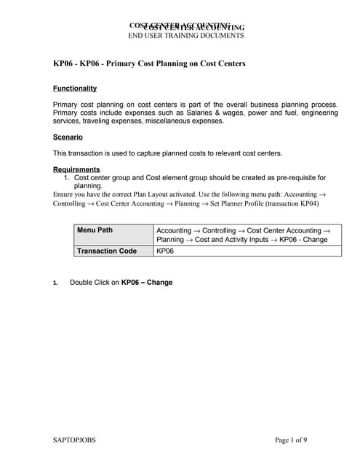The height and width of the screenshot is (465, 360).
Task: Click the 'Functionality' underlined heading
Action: coord(75,89)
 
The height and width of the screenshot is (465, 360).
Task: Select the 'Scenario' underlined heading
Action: coord(68,137)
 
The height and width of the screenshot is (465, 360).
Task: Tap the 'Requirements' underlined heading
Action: coord(76,169)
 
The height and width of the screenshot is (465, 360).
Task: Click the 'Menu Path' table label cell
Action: coord(95,230)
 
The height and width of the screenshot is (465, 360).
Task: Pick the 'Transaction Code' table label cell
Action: coord(107,251)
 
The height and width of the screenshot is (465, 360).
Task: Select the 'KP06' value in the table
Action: coord(165,251)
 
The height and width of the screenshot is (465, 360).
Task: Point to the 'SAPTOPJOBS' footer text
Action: coord(75,440)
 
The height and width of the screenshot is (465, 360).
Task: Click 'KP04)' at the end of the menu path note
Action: coord(309,204)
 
